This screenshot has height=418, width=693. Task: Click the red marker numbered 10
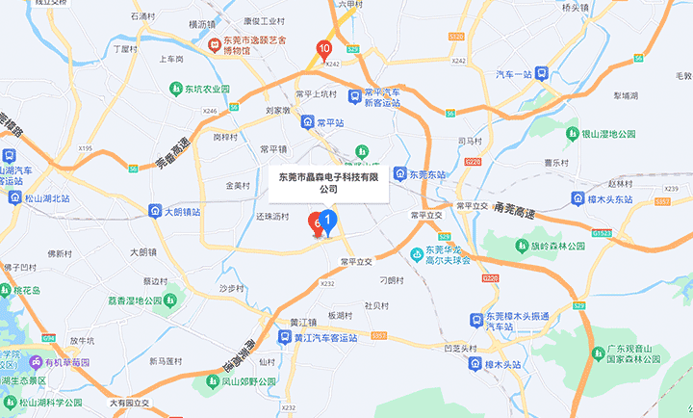[x=324, y=48]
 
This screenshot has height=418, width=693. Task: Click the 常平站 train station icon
[x=307, y=122]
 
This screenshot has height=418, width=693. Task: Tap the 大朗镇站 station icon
[x=154, y=210]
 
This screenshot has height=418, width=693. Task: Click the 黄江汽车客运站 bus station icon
[x=284, y=337]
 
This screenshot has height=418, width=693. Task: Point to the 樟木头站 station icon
[x=475, y=364]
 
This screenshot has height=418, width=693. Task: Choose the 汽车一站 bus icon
[x=542, y=73]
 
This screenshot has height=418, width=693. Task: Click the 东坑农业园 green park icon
[x=176, y=90]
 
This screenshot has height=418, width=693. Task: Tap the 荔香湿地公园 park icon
[x=169, y=300]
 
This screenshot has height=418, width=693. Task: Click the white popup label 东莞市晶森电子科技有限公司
[x=328, y=183]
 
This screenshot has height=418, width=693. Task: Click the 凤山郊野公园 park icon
[x=213, y=382]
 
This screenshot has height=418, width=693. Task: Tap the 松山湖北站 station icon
[x=15, y=197]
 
